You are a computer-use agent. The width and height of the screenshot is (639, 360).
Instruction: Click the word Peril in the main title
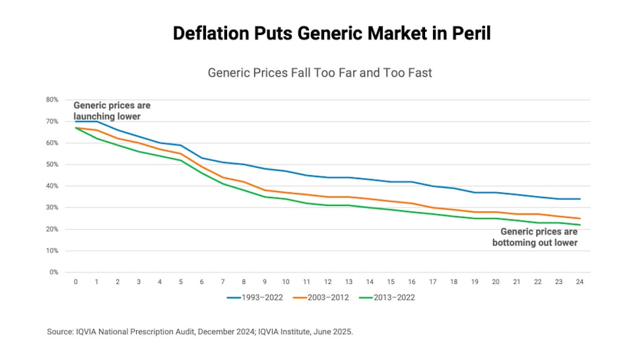(x=471, y=33)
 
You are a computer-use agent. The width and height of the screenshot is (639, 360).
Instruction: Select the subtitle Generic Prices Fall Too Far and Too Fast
(x=319, y=73)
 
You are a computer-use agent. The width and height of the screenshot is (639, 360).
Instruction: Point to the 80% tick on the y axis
(x=52, y=100)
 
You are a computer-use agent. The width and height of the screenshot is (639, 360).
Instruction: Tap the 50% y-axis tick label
(x=52, y=164)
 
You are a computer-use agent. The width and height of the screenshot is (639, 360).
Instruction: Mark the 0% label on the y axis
(x=54, y=272)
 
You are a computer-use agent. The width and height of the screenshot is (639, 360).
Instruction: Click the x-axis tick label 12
(x=327, y=282)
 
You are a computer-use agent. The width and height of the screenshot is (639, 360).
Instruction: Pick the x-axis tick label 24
(x=580, y=282)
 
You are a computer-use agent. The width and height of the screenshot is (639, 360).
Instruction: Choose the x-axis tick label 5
(x=181, y=282)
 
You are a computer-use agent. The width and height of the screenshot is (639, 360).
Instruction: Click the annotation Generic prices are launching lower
(x=112, y=111)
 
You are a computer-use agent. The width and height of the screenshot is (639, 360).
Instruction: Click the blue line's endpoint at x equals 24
(x=580, y=199)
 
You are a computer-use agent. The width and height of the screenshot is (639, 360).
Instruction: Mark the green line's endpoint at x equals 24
(x=580, y=225)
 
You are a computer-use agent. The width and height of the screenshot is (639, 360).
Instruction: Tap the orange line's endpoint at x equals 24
(x=580, y=219)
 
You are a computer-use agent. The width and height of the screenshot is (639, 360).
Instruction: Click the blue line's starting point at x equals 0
(x=76, y=122)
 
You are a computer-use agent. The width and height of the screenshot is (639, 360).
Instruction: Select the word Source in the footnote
(x=59, y=332)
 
